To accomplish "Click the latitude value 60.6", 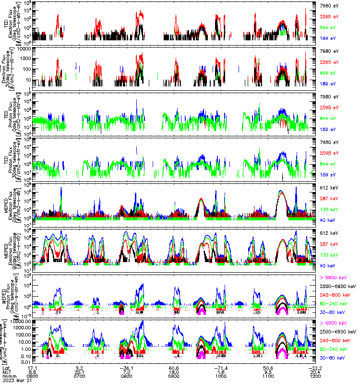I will (x=174, y=367).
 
